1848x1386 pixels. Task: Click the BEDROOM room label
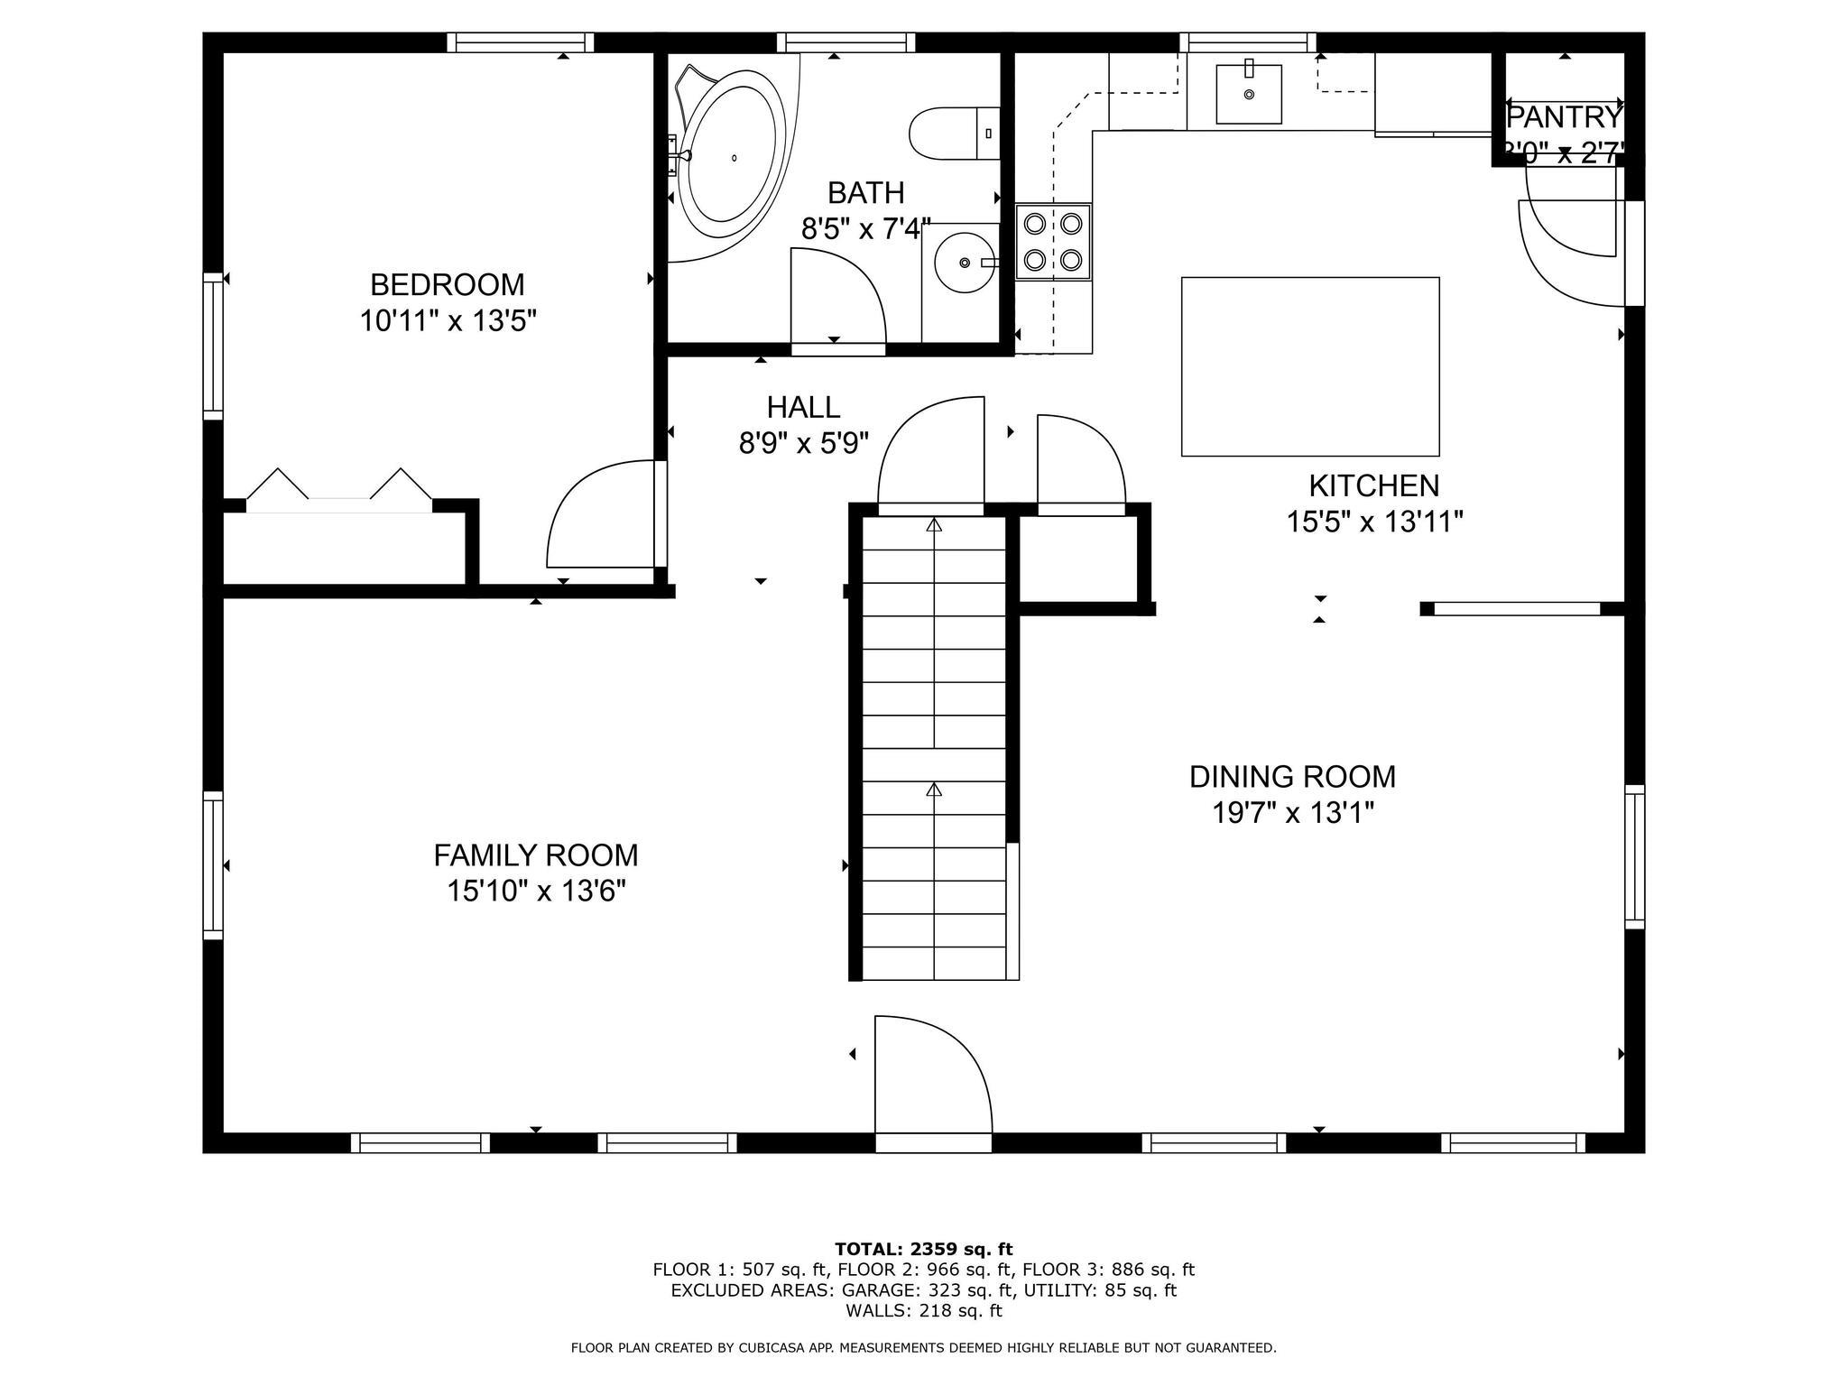click(x=447, y=284)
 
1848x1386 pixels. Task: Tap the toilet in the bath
click(x=955, y=134)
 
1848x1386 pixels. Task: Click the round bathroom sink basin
click(x=966, y=262)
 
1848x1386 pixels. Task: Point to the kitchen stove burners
click(x=1053, y=241)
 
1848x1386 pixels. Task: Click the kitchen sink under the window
click(x=1249, y=93)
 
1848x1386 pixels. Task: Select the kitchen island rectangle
click(x=1310, y=366)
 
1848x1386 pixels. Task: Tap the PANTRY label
click(x=1565, y=117)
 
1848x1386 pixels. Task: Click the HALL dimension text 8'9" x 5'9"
click(x=804, y=443)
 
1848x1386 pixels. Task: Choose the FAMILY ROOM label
click(x=536, y=855)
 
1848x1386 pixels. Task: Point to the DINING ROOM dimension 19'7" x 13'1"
click(x=1292, y=813)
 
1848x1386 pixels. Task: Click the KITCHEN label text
click(x=1374, y=485)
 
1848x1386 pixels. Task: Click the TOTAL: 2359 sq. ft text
click(x=924, y=1249)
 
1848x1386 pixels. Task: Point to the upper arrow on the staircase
click(x=934, y=523)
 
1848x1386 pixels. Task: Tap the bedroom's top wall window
click(x=521, y=42)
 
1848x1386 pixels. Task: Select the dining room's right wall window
click(x=1634, y=857)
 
